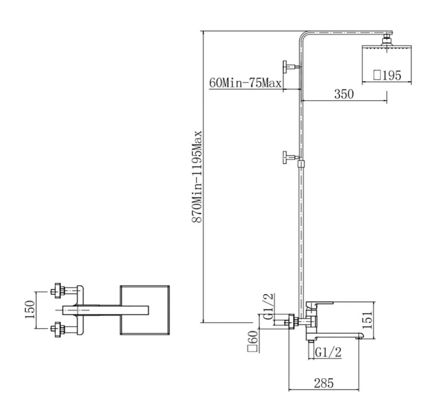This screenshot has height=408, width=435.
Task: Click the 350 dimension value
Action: pyautogui.click(x=344, y=94)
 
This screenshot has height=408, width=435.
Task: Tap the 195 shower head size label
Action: pyautogui.click(x=387, y=75)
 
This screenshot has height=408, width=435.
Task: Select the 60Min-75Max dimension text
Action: pyautogui.click(x=245, y=83)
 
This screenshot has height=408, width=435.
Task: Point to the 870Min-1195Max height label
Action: pyautogui.click(x=197, y=176)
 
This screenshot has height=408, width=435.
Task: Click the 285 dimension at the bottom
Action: pyautogui.click(x=323, y=383)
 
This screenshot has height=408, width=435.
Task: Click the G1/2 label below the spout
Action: pyautogui.click(x=328, y=353)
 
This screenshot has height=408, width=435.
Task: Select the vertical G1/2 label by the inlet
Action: pyautogui.click(x=268, y=306)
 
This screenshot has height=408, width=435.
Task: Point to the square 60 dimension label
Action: pyautogui.click(x=253, y=342)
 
